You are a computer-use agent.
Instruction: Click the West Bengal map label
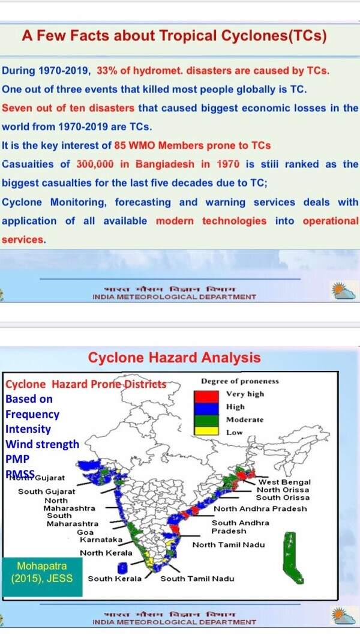tap(284, 482)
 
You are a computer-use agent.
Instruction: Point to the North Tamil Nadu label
tap(228, 545)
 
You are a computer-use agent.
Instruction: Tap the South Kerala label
tap(115, 579)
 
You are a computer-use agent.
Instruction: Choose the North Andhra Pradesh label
tap(260, 508)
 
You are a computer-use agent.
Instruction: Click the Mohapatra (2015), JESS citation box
tap(41, 572)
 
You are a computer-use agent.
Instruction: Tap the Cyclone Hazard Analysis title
tap(174, 358)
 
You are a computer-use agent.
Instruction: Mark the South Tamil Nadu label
tap(197, 579)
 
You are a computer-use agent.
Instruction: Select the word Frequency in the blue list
tap(32, 414)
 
